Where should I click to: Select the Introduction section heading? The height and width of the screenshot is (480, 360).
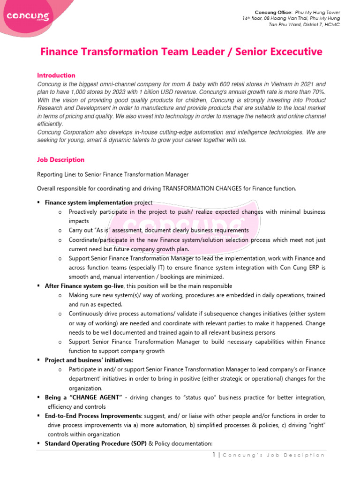(56, 75)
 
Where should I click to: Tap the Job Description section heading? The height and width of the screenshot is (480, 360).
(60, 160)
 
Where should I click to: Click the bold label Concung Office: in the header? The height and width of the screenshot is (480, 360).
(273, 12)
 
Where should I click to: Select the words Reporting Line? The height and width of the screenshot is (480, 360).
(54, 174)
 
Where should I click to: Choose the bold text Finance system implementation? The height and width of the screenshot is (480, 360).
(89, 202)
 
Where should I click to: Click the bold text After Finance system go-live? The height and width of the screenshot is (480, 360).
(83, 286)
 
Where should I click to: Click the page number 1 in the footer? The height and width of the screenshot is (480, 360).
(213, 455)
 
